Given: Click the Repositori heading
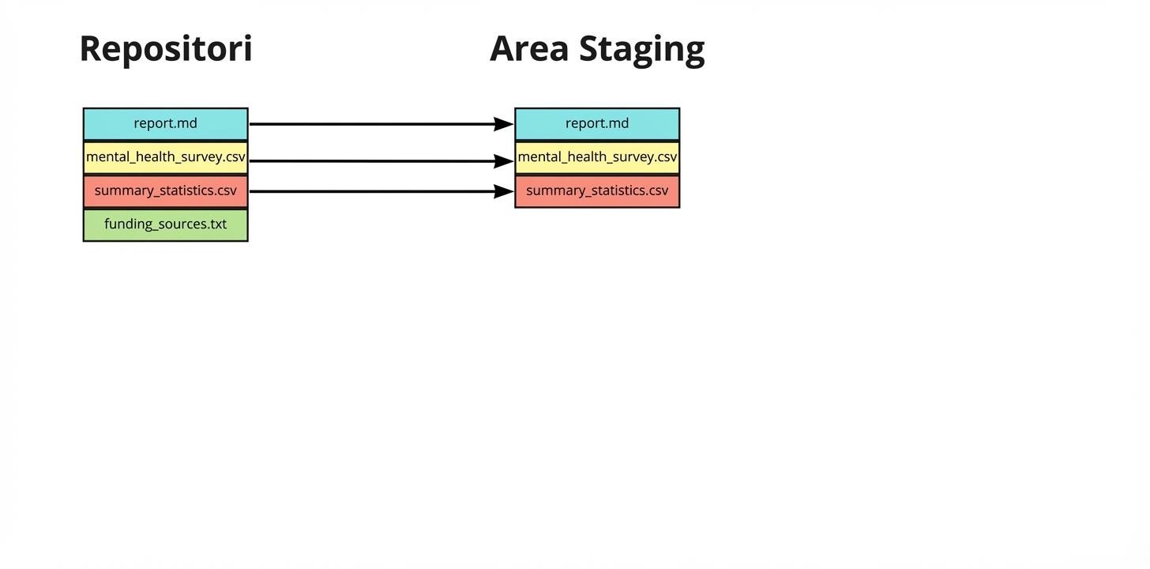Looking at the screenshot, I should (166, 49).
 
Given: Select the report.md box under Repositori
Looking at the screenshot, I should (166, 124).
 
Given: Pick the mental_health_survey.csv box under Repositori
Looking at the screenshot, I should (166, 157).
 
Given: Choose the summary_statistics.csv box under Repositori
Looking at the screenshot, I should (166, 191).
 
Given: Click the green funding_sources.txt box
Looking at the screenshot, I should (166, 224).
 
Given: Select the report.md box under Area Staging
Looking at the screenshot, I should (597, 124).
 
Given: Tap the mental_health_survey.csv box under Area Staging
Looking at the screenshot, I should (597, 157).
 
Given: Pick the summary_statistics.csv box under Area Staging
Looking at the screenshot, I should (597, 191).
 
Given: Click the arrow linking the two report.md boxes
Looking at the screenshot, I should (371, 124).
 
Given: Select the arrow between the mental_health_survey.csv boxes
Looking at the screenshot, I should (371, 161).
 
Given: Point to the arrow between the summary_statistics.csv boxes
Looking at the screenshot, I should (371, 191).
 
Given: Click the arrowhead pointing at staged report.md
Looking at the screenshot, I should (504, 124).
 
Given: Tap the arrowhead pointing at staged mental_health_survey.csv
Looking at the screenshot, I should (504, 161).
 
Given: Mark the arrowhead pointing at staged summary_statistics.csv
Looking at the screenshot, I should (504, 191).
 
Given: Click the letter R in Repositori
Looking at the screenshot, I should (92, 49).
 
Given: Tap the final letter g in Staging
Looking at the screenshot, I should (693, 52).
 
